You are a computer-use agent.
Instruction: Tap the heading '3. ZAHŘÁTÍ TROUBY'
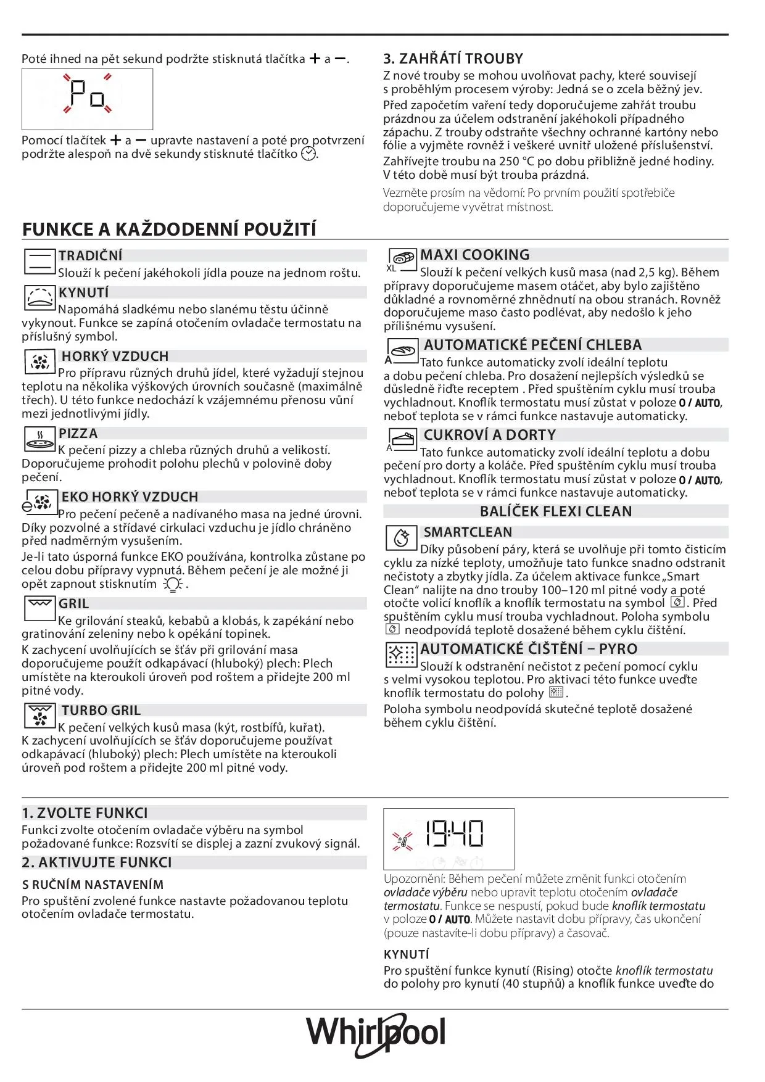[453, 59]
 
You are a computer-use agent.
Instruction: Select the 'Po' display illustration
[87, 98]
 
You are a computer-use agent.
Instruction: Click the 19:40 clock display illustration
[449, 838]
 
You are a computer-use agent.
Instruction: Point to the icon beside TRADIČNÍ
[39, 262]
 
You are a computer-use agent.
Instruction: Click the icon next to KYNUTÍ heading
[39, 298]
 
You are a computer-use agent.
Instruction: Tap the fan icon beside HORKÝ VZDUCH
[40, 361]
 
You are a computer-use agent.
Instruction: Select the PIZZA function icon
[39, 439]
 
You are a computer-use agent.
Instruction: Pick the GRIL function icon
[39, 608]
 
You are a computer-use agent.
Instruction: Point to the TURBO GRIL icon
[40, 716]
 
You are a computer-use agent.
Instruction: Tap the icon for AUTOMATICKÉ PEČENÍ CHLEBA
[402, 350]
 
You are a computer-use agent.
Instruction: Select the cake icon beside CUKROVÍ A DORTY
[402, 439]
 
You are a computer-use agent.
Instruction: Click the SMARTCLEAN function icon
[402, 537]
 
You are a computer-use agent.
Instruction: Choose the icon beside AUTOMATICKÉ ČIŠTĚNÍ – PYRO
[401, 655]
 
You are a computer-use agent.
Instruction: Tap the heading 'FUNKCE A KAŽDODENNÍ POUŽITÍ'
[169, 229]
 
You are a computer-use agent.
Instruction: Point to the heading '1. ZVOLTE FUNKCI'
[85, 813]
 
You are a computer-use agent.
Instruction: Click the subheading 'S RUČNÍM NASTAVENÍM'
[93, 885]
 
